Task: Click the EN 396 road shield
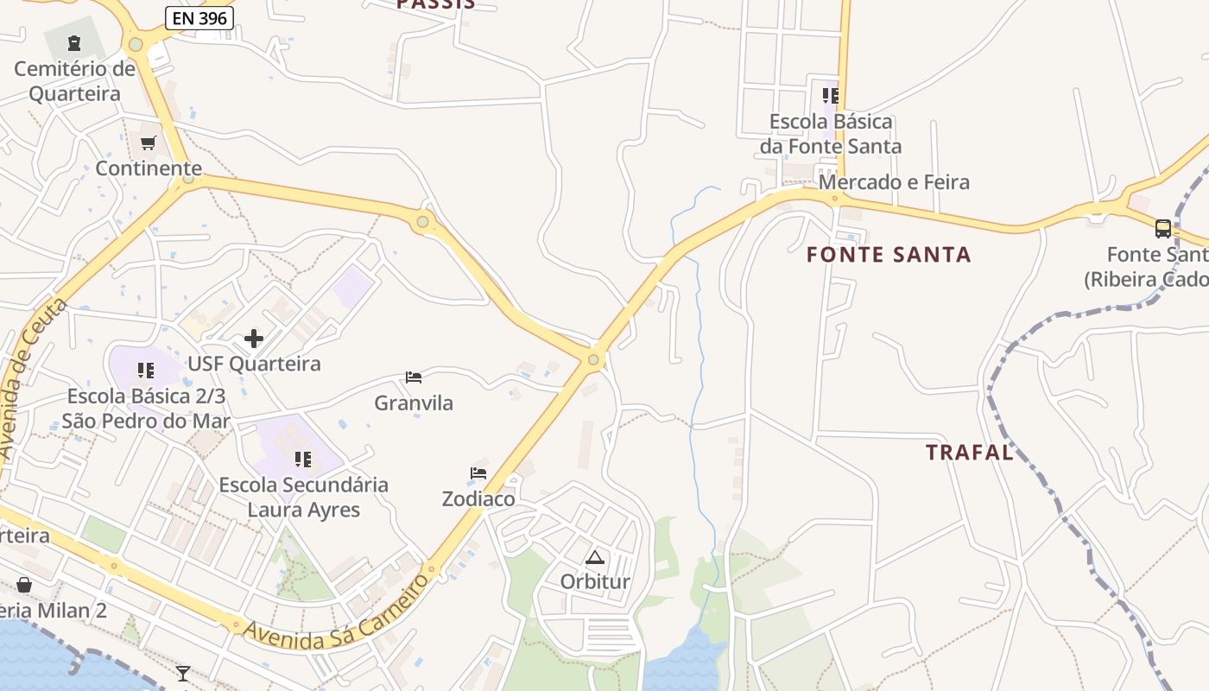pyautogui.click(x=199, y=17)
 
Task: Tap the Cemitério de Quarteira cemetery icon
pyautogui.click(x=74, y=42)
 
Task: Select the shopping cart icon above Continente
pyautogui.click(x=149, y=143)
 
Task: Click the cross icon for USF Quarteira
pyautogui.click(x=254, y=338)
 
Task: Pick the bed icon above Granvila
pyautogui.click(x=414, y=377)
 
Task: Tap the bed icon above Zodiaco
pyautogui.click(x=478, y=473)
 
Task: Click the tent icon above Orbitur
pyautogui.click(x=594, y=557)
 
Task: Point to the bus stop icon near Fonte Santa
pyautogui.click(x=1163, y=229)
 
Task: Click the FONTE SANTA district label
pyautogui.click(x=889, y=255)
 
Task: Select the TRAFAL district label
pyautogui.click(x=970, y=453)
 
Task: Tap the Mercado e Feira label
pyautogui.click(x=894, y=182)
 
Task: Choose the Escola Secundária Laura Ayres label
pyautogui.click(x=304, y=497)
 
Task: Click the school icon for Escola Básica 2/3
pyautogui.click(x=146, y=371)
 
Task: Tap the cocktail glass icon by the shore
pyautogui.click(x=183, y=673)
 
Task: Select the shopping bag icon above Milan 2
pyautogui.click(x=24, y=585)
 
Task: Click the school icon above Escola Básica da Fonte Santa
pyautogui.click(x=831, y=95)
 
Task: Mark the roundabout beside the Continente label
pyautogui.click(x=188, y=179)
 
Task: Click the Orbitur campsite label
pyautogui.click(x=595, y=581)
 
